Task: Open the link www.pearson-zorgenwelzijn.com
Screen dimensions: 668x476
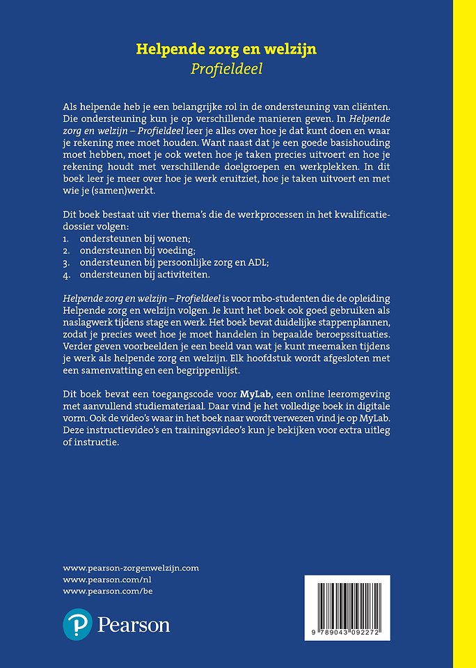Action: [x=131, y=568]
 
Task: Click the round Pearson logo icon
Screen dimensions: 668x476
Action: [x=78, y=624]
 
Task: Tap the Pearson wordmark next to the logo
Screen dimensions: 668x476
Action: [x=134, y=625]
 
